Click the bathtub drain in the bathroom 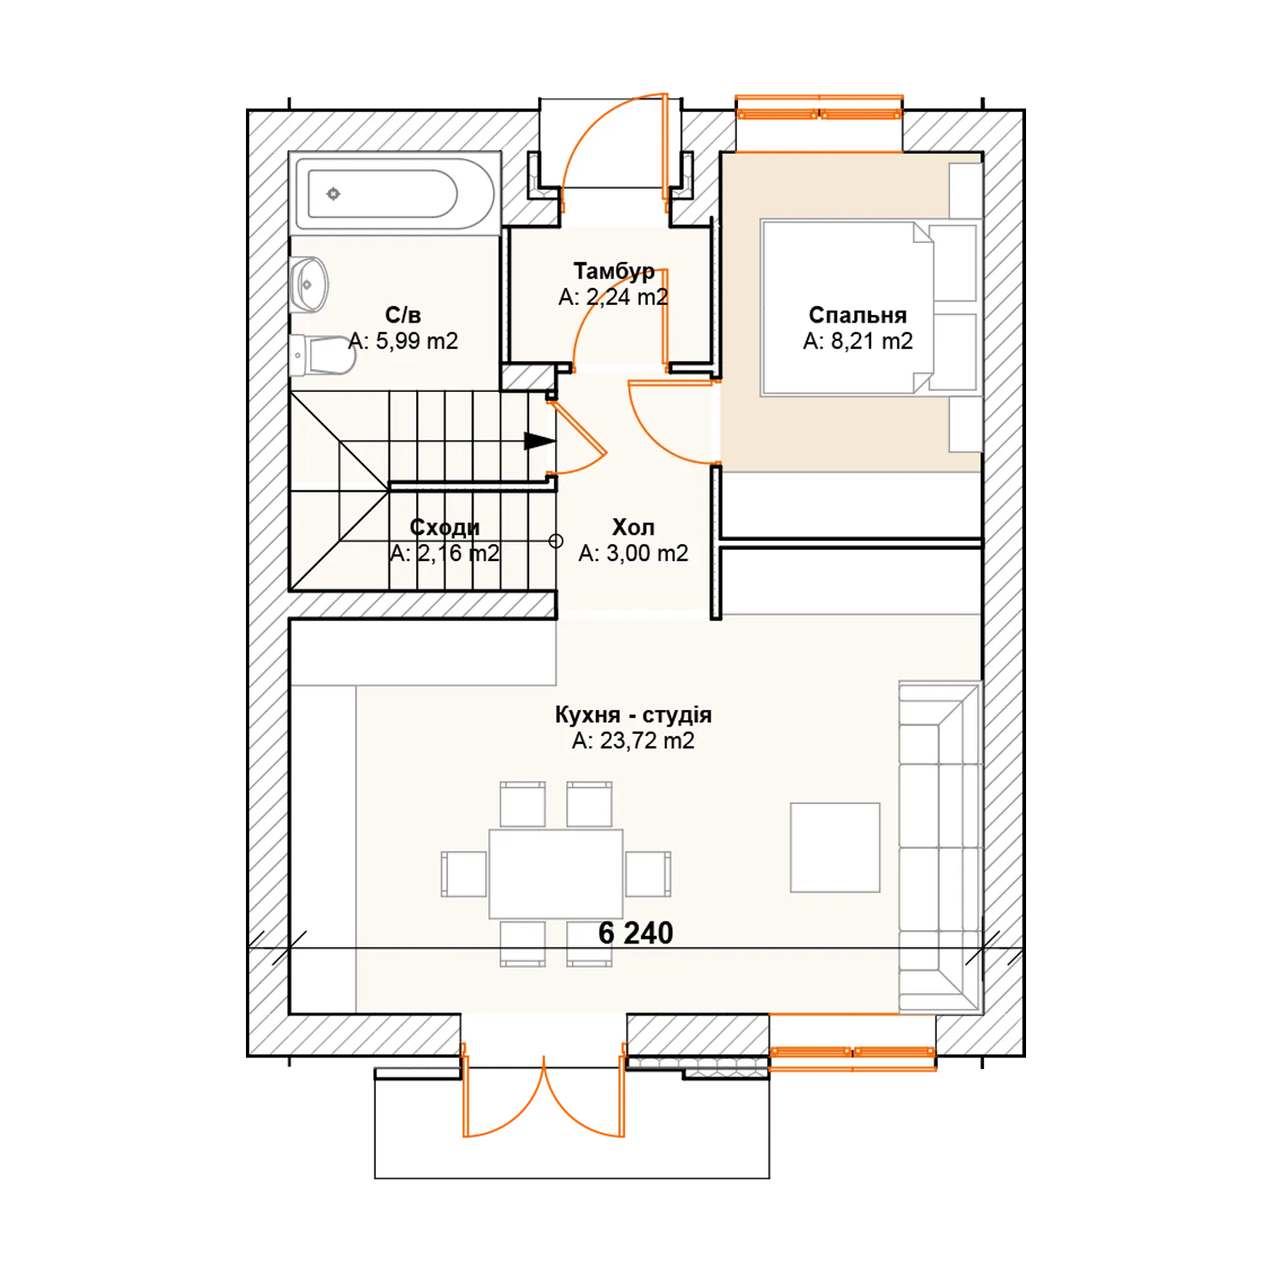[334, 194]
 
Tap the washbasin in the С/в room [308, 284]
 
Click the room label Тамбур [614, 271]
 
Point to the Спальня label [858, 315]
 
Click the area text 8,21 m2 [872, 341]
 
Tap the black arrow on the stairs [540, 441]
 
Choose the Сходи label [445, 527]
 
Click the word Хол [633, 527]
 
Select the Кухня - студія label [633, 715]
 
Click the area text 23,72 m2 [647, 741]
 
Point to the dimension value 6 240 [636, 933]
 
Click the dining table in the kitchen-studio [556, 874]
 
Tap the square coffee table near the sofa [835, 847]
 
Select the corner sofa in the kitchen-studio [940, 847]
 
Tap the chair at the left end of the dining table [464, 874]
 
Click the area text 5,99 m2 [416, 341]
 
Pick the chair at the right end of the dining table [649, 874]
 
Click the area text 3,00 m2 [647, 553]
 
